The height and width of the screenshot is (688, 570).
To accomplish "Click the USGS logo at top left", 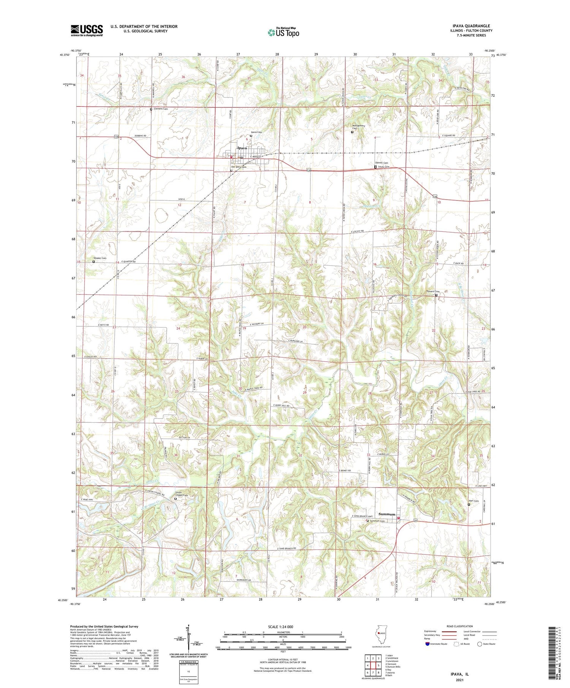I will (x=87, y=30).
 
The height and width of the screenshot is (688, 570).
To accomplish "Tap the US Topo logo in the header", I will (x=283, y=33).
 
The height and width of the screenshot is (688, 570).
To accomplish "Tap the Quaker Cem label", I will (x=100, y=258).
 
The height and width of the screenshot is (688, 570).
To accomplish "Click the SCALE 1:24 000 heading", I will (x=283, y=627).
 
